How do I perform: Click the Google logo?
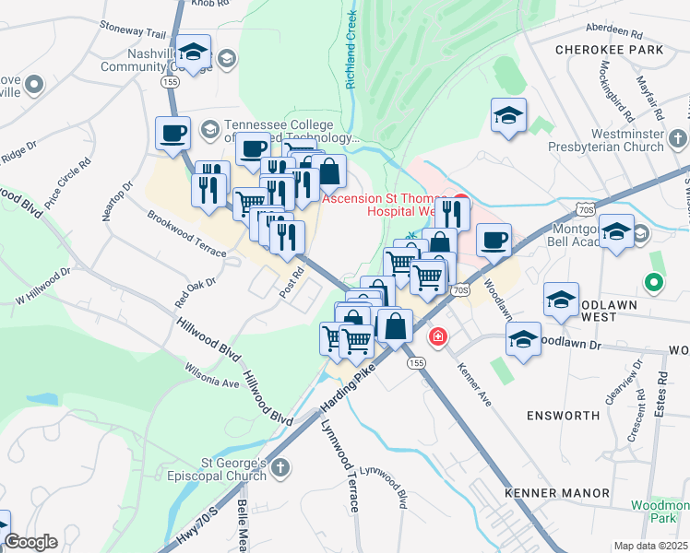click(x=31, y=542)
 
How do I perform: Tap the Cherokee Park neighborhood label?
click(x=610, y=49)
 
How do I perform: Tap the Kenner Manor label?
click(x=557, y=493)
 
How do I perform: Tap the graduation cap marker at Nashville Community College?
click(x=194, y=52)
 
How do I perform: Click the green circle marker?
click(x=654, y=283)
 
